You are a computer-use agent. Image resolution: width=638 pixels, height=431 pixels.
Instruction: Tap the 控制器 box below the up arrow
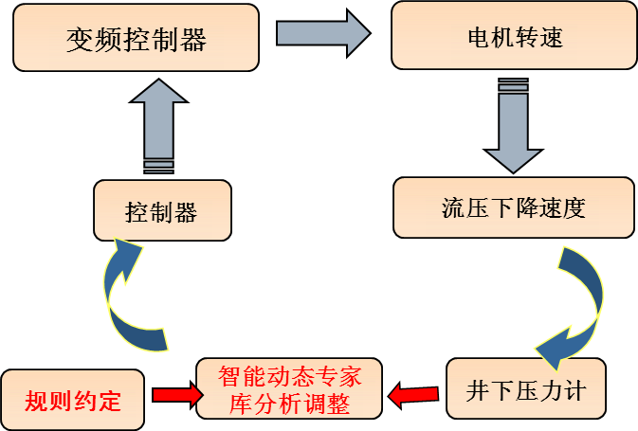161,210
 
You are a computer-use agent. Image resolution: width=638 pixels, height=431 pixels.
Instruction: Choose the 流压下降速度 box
513,207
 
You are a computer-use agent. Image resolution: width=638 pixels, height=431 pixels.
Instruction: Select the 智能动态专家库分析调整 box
289,388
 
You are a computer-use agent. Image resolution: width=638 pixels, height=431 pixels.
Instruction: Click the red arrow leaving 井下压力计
413,389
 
